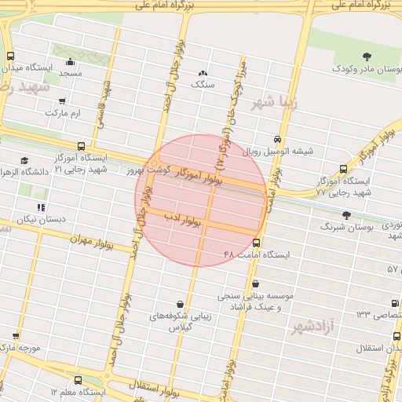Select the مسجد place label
(x=70, y=73)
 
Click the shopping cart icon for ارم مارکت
(x=63, y=101)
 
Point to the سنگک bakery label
(x=203, y=82)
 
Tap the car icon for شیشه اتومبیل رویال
(x=276, y=139)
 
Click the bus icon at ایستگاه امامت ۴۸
(x=257, y=243)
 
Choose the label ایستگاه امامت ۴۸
(x=257, y=255)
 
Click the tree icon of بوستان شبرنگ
(x=346, y=214)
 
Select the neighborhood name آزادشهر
(x=313, y=325)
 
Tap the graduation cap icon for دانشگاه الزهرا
(x=25, y=160)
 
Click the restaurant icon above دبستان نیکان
(x=40, y=207)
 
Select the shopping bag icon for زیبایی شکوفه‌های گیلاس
(x=181, y=304)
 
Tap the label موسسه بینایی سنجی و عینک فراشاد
(x=261, y=302)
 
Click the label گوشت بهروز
(x=148, y=170)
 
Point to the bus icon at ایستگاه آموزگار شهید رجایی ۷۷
(x=343, y=169)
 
